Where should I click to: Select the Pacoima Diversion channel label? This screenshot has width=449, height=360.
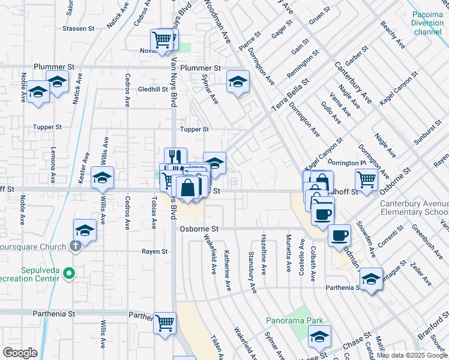427,23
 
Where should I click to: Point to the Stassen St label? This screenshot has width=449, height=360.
79,28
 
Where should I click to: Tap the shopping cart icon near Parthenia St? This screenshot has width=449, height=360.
164,322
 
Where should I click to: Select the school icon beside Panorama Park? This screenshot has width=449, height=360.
319,337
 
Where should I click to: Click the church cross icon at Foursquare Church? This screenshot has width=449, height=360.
75,245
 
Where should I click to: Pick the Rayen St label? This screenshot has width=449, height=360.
154,251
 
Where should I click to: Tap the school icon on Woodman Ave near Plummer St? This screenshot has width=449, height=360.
238,81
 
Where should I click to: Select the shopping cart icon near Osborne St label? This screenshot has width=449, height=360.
366,178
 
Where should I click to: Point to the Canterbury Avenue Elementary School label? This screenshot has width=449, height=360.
414,208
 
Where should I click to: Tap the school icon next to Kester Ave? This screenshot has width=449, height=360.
103,178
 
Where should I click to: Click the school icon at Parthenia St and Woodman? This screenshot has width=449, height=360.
370,278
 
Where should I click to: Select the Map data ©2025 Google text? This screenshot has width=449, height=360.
412,355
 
